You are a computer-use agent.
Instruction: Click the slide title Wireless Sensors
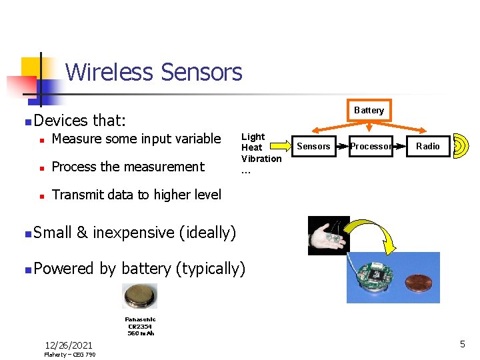(x=154, y=71)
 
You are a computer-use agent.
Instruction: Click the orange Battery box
(x=369, y=110)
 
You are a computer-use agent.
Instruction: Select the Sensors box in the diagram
(x=313, y=146)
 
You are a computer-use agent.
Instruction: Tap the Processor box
(x=371, y=146)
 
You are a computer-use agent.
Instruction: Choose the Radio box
(x=427, y=146)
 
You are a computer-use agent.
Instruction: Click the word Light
(x=253, y=137)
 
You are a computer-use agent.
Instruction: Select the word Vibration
(x=261, y=158)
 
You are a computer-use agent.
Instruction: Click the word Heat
(x=251, y=147)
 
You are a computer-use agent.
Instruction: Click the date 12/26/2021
(x=69, y=345)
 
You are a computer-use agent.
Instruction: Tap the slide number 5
(x=462, y=344)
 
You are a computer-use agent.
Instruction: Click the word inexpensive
(x=134, y=233)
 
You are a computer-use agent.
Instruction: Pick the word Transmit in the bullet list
(x=75, y=194)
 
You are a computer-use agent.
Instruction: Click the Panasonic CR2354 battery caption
(x=140, y=326)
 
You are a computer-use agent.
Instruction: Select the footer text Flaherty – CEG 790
(x=70, y=355)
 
